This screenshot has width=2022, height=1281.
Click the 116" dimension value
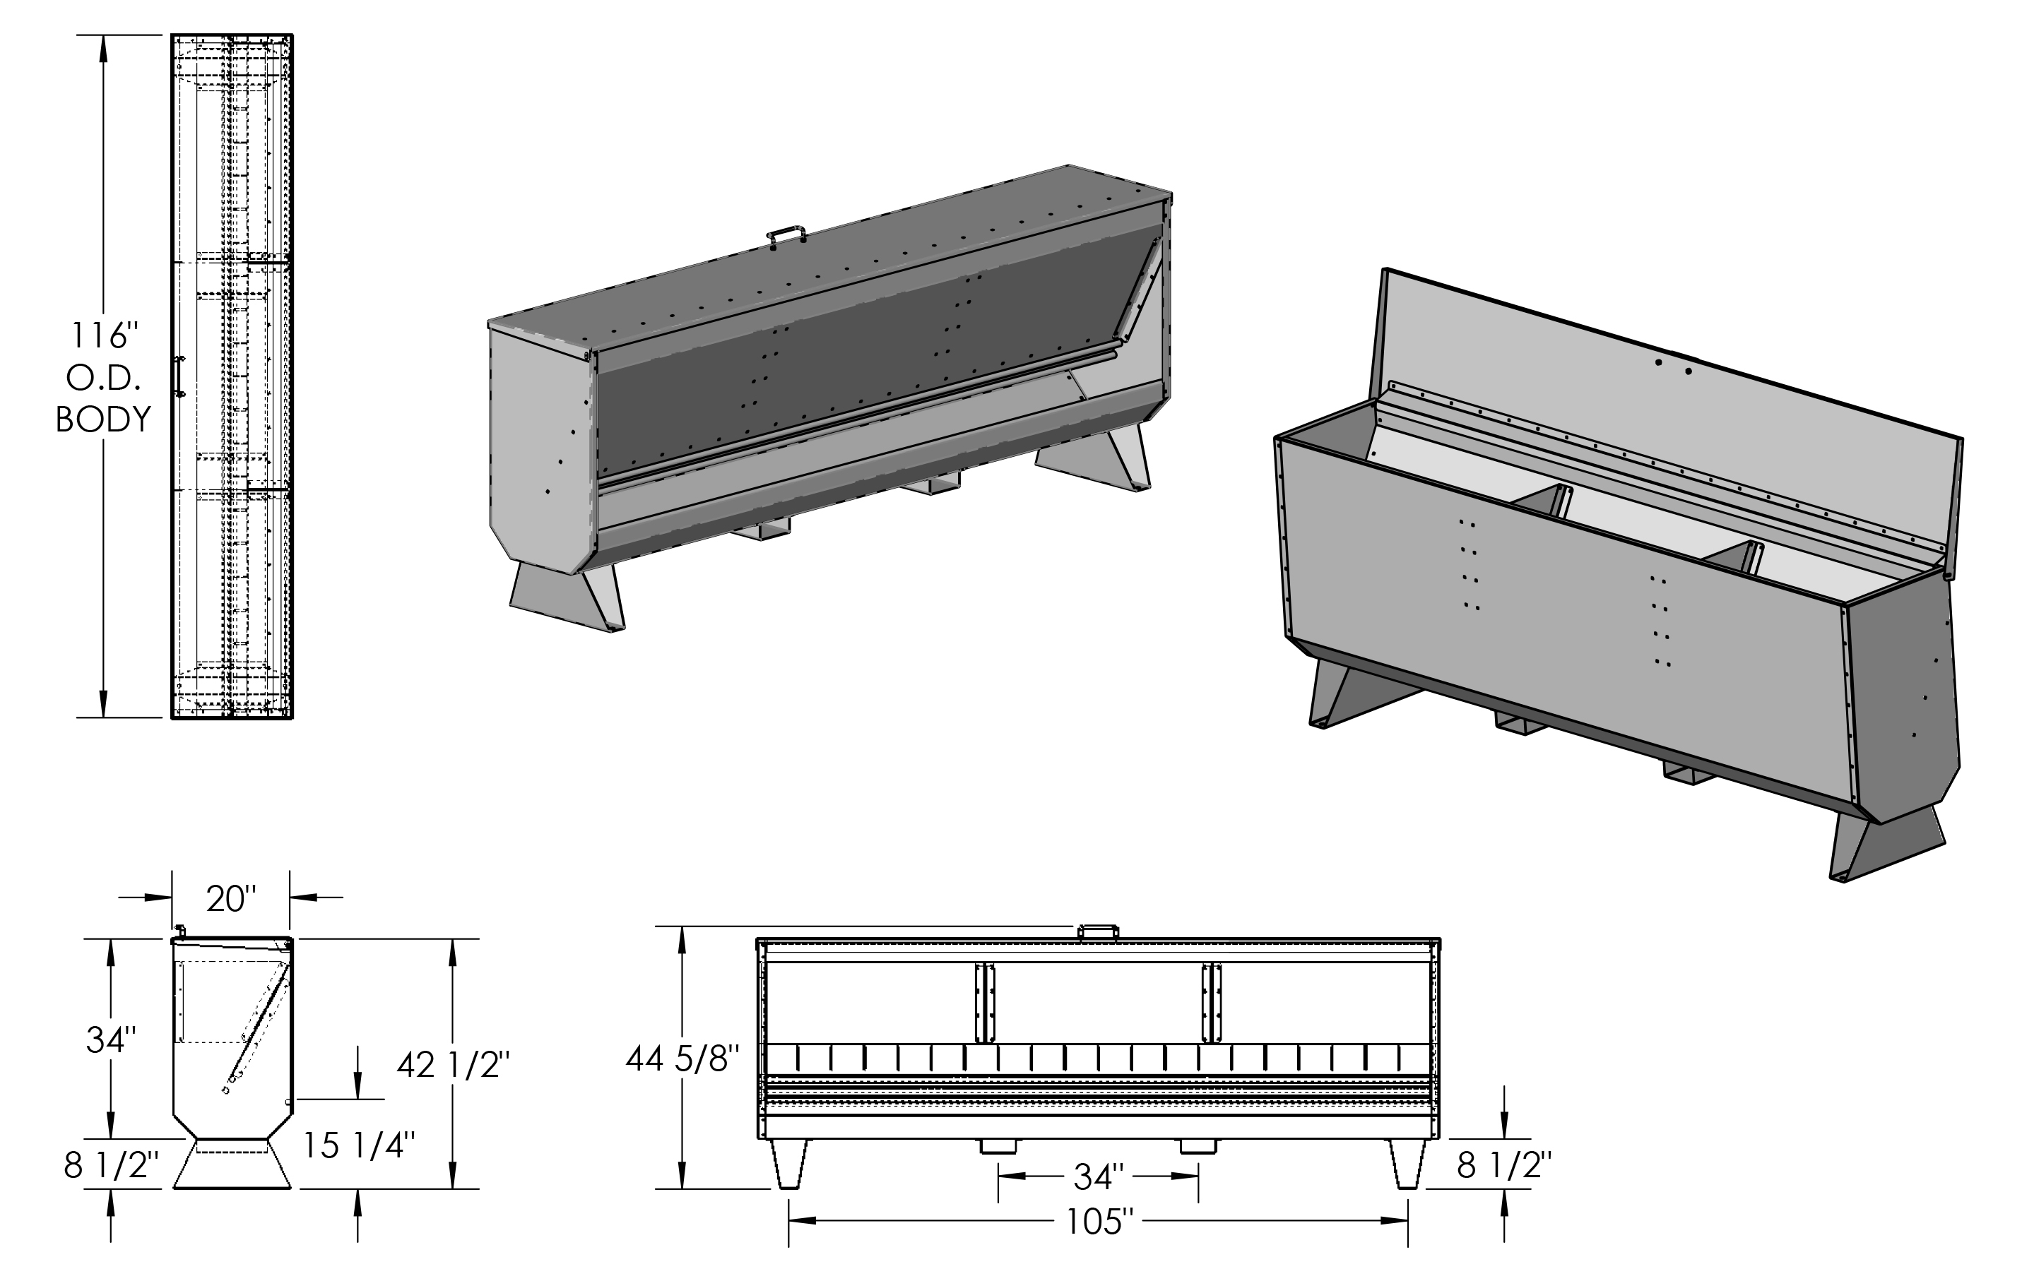(x=103, y=335)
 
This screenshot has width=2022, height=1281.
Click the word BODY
(x=103, y=419)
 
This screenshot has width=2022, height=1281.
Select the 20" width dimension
(x=230, y=898)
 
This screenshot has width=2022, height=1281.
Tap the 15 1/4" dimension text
(x=359, y=1145)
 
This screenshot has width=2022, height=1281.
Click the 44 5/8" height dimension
(x=682, y=1059)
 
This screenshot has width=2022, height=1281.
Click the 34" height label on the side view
(x=111, y=1040)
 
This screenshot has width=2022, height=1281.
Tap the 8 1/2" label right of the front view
(x=1504, y=1165)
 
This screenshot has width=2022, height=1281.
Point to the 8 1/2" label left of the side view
(x=111, y=1165)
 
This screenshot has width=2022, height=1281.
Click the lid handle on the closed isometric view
(x=787, y=234)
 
